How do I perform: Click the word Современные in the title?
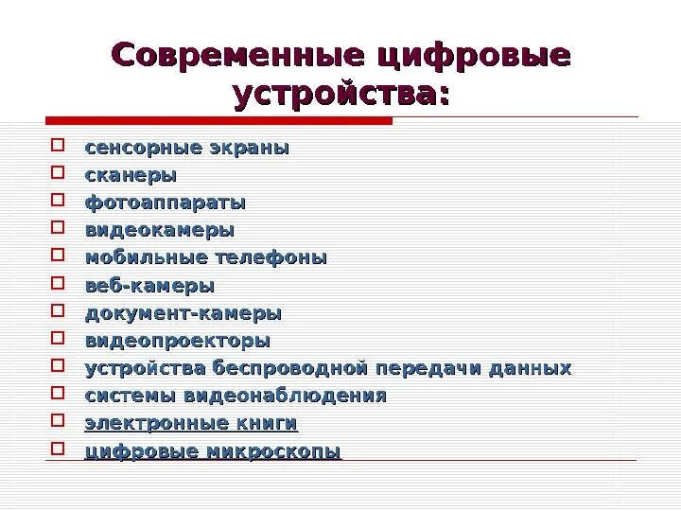[236, 54]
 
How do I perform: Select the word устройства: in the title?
[340, 95]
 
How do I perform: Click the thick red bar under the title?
[218, 120]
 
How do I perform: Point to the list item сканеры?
[131, 176]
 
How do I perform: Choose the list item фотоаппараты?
[166, 203]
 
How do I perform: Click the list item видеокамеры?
[160, 231]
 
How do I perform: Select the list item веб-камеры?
[149, 286]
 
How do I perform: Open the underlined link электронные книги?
[191, 423]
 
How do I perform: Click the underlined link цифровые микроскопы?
[213, 451]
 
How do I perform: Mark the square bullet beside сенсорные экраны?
[58, 147]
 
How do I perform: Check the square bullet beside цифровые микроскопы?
[58, 449]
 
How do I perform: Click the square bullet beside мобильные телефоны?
[58, 255]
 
